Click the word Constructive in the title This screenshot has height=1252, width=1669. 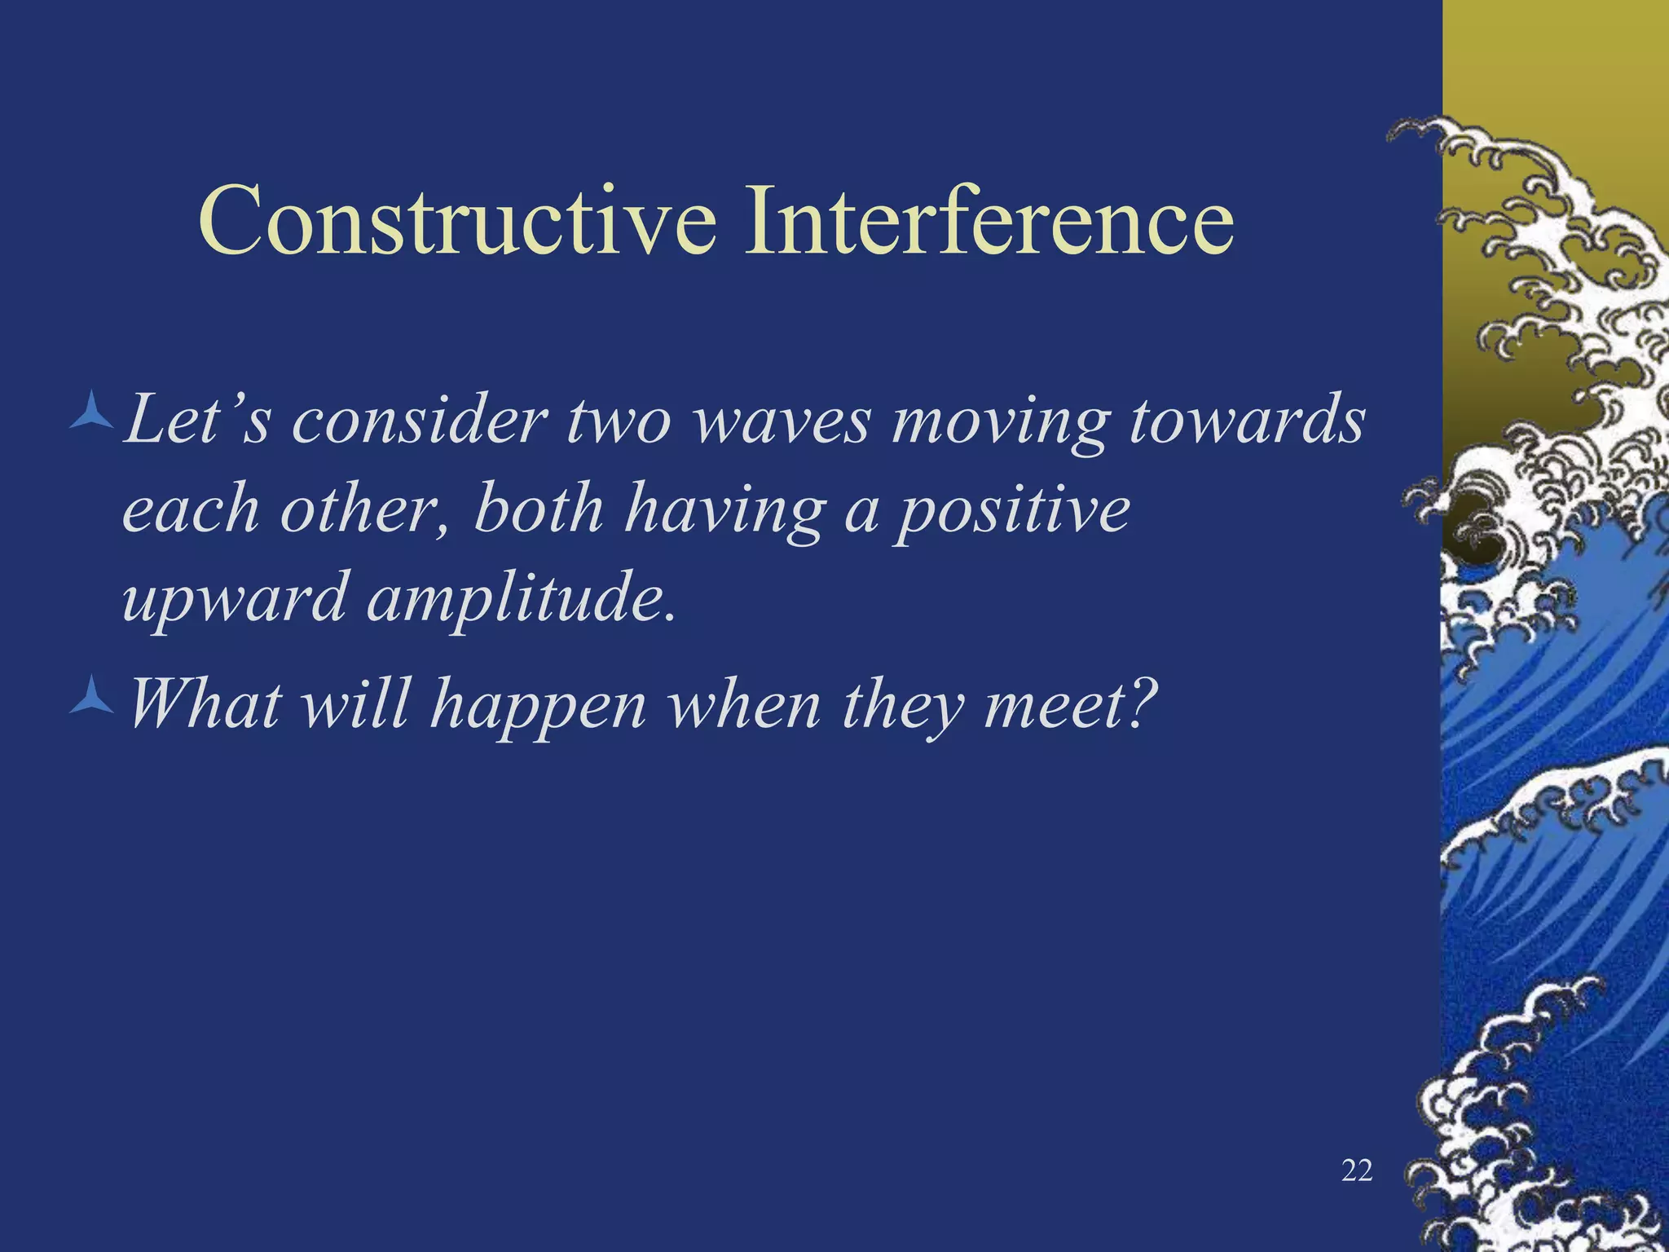[x=457, y=221]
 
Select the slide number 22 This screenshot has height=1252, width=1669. [x=1356, y=1171]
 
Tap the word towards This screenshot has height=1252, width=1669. [x=1246, y=421]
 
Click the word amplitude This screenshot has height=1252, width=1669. [x=522, y=600]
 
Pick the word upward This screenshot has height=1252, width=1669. [x=236, y=600]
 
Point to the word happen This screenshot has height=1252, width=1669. [x=538, y=706]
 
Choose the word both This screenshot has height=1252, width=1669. [x=539, y=509]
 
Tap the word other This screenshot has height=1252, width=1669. [x=363, y=510]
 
